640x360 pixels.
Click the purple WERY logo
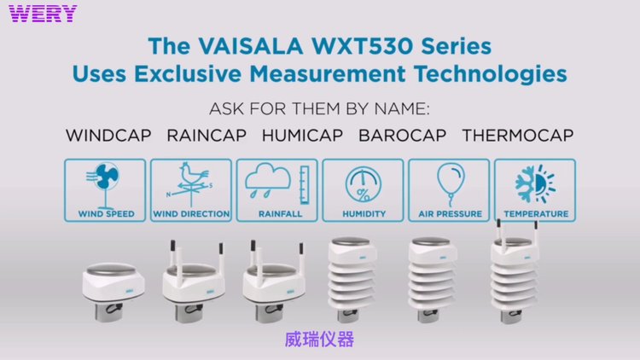pyautogui.click(x=43, y=14)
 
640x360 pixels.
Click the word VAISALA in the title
pyautogui.click(x=251, y=46)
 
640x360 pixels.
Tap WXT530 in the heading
pyautogui.click(x=364, y=46)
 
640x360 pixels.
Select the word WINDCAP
pyautogui.click(x=108, y=135)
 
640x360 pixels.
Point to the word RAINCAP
pyautogui.click(x=207, y=135)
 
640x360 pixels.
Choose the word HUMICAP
pyautogui.click(x=302, y=135)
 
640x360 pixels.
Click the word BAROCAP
pyautogui.click(x=403, y=135)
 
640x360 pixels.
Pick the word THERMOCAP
pyautogui.click(x=518, y=135)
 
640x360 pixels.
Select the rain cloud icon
pyautogui.click(x=268, y=181)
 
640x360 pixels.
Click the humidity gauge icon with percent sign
pyautogui.click(x=364, y=184)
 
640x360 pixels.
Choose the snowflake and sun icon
pyautogui.click(x=535, y=183)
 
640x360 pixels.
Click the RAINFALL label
pyautogui.click(x=281, y=214)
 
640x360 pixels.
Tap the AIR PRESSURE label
pyautogui.click(x=451, y=214)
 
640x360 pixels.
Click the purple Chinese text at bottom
pyautogui.click(x=319, y=340)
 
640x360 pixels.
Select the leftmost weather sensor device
pyautogui.click(x=113, y=292)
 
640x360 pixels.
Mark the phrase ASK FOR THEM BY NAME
pyautogui.click(x=319, y=109)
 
